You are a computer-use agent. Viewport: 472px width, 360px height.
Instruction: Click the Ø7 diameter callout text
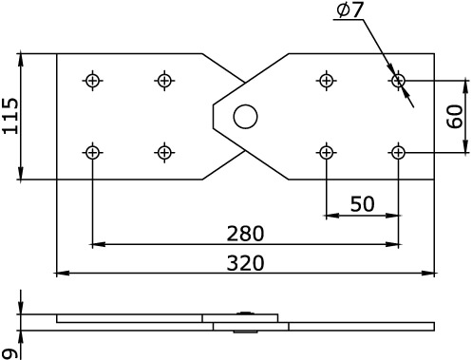click(349, 10)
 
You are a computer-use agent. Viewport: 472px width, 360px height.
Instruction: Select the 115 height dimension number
click(10, 116)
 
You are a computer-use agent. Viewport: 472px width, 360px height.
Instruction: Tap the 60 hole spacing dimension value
click(456, 117)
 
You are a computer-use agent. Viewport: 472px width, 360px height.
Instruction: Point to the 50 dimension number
click(363, 204)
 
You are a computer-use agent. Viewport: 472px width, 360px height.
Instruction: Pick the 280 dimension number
click(245, 234)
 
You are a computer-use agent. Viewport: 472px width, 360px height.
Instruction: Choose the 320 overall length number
click(245, 263)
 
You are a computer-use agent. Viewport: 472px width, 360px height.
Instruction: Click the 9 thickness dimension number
click(10, 353)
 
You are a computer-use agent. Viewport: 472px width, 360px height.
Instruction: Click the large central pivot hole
click(245, 117)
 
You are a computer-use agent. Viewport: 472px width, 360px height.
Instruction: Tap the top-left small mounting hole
click(92, 81)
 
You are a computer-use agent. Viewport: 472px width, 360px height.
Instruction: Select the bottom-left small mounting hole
click(92, 153)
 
